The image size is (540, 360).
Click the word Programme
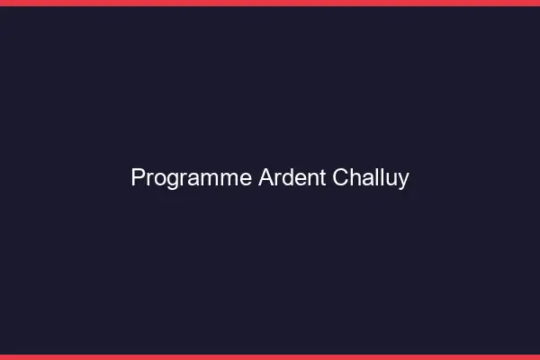192,178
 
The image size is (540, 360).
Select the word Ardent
292,178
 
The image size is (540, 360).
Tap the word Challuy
371,178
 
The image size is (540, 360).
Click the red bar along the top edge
270,3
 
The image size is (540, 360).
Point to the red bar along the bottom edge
270,356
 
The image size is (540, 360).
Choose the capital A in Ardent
266,178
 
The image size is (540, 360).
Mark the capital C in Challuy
342,178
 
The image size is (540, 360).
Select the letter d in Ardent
286,178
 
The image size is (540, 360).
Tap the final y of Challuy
403,181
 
